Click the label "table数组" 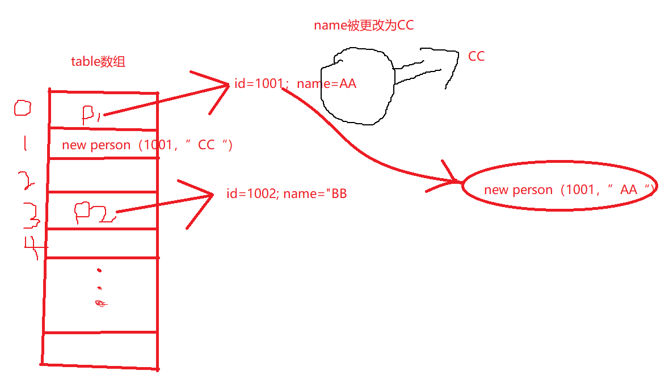click(x=98, y=62)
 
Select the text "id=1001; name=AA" click(x=295, y=85)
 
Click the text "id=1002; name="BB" click(x=287, y=194)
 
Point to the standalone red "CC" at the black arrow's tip click(x=476, y=57)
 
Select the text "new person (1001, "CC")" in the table click(x=148, y=145)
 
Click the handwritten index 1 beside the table click(x=25, y=142)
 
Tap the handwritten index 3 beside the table click(x=32, y=216)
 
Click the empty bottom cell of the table click(x=100, y=349)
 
